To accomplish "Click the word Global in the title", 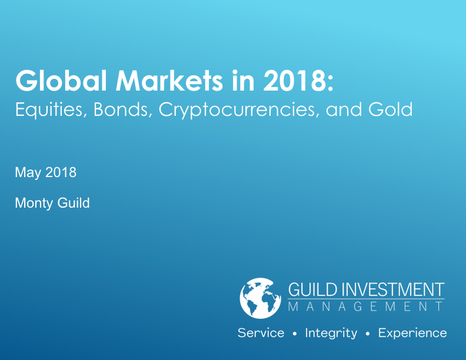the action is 61,81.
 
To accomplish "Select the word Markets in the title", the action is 169,81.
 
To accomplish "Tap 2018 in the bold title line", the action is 295,81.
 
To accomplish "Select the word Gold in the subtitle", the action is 391,109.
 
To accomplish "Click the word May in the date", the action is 28,173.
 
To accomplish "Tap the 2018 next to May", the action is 61,172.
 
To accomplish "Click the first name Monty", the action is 34,204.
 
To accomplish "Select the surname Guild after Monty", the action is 74,203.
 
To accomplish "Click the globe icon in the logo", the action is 260,298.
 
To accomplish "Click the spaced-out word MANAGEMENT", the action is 365,306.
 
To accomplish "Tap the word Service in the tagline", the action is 261,333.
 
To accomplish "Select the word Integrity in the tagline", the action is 331,334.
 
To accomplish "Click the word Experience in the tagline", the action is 412,334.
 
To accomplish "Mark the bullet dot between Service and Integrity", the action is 295,334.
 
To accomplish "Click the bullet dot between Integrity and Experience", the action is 368,334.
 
